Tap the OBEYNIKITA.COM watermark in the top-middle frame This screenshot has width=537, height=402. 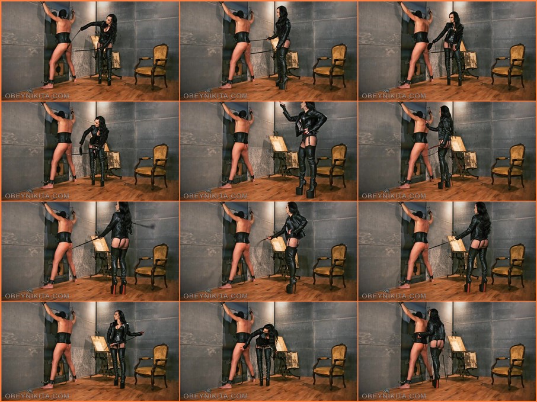[215, 96]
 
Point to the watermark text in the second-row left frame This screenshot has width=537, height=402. [37, 196]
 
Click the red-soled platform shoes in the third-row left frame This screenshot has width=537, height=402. [118, 287]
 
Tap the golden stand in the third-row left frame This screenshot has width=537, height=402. [100, 255]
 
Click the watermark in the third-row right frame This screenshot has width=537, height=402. [394, 296]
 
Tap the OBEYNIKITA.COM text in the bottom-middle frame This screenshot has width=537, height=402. [215, 396]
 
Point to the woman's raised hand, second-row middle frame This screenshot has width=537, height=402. [282, 105]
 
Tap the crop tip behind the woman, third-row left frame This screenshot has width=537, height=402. [151, 226]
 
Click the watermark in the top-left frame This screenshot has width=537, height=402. [37, 96]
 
